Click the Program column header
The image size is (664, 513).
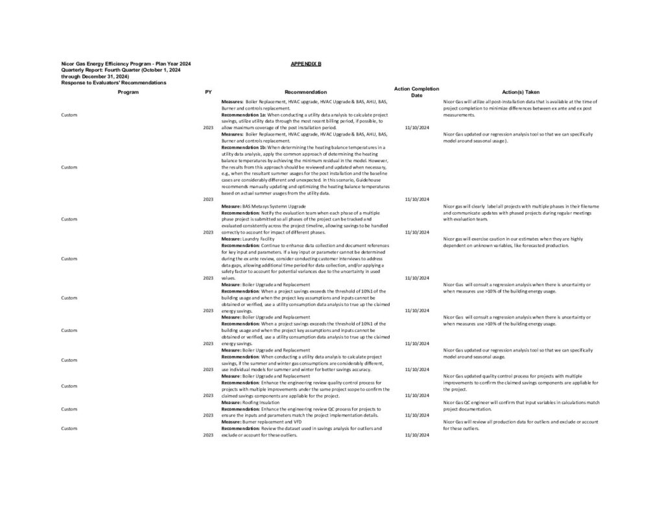[128, 92]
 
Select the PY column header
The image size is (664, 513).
[207, 92]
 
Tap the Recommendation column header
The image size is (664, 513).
[305, 92]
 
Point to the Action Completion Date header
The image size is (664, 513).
[416, 91]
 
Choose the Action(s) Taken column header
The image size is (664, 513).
[520, 92]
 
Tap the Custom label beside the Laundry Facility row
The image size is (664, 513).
[69, 258]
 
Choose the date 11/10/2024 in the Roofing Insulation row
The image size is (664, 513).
[416, 415]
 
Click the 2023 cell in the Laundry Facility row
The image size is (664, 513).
[207, 278]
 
